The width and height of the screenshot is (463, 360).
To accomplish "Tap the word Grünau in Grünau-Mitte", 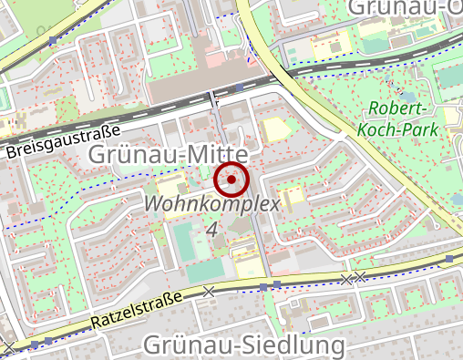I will point(130,155).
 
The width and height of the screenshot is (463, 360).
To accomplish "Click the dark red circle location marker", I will point(231,180).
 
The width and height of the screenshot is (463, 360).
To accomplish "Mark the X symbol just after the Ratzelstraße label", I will point(211,292).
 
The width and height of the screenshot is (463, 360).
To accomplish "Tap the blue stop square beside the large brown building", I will point(240,87).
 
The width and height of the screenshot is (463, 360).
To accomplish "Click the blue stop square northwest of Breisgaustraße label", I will point(53,41).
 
